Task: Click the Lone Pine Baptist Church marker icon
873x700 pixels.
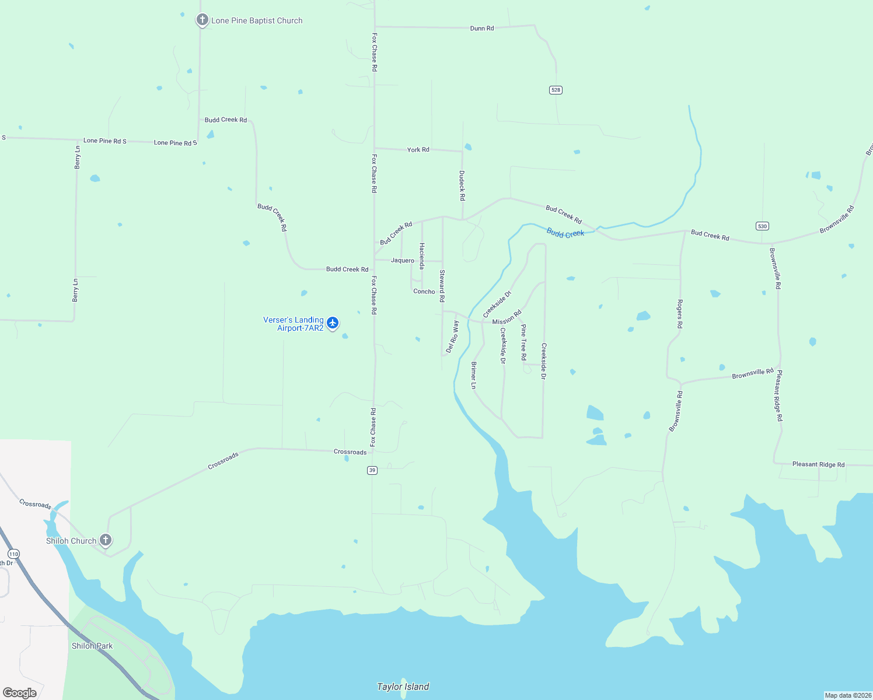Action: (x=202, y=20)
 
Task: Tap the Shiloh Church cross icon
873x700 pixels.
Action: (x=106, y=540)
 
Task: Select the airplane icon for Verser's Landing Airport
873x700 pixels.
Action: (x=333, y=323)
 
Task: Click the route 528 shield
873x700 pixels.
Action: (x=556, y=90)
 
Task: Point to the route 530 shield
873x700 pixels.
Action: (x=762, y=226)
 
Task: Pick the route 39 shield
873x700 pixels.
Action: (x=372, y=470)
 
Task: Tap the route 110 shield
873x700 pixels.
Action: (x=13, y=554)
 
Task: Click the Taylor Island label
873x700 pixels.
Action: (x=403, y=687)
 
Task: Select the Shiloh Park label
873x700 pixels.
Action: (x=92, y=646)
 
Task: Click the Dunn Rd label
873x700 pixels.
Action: (x=482, y=28)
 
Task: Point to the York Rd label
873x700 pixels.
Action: (x=418, y=150)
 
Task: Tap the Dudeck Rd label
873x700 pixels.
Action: (x=462, y=185)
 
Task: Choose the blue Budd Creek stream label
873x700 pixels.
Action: (x=565, y=233)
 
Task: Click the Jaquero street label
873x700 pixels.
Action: (x=403, y=260)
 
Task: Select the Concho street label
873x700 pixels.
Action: (x=424, y=291)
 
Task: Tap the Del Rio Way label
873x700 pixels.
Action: (x=452, y=337)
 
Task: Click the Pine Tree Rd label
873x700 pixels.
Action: (x=523, y=342)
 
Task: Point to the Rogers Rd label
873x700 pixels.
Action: (x=679, y=314)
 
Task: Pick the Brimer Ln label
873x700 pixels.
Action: (x=473, y=375)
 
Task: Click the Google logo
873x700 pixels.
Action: (x=20, y=692)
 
